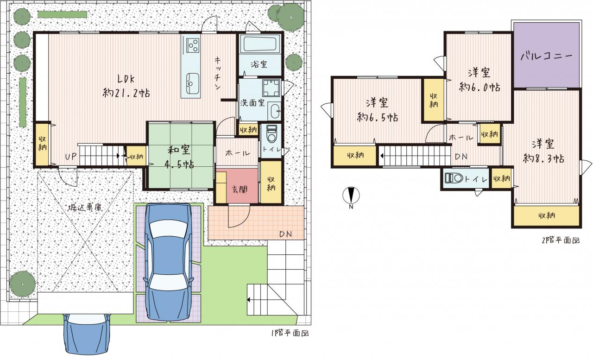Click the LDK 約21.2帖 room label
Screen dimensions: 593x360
pyautogui.click(x=126, y=86)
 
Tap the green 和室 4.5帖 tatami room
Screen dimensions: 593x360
pyautogui.click(x=181, y=156)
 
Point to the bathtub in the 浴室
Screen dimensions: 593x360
pyautogui.click(x=260, y=44)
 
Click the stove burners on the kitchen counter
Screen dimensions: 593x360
pyautogui.click(x=193, y=45)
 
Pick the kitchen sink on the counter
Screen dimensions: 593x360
pyautogui.click(x=192, y=83)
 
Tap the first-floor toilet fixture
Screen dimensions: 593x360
pyautogui.click(x=271, y=134)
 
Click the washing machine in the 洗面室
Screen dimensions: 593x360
pyautogui.click(x=271, y=88)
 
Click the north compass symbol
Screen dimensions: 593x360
pyautogui.click(x=351, y=196)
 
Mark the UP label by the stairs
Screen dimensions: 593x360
pyautogui.click(x=71, y=157)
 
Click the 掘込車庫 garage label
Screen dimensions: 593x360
pyautogui.click(x=85, y=207)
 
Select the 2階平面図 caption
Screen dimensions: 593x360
pyautogui.click(x=561, y=240)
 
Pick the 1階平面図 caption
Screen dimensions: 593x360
pyautogui.click(x=290, y=333)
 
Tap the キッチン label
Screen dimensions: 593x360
pyautogui.click(x=218, y=73)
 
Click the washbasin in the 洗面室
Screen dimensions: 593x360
pyautogui.click(x=274, y=111)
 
